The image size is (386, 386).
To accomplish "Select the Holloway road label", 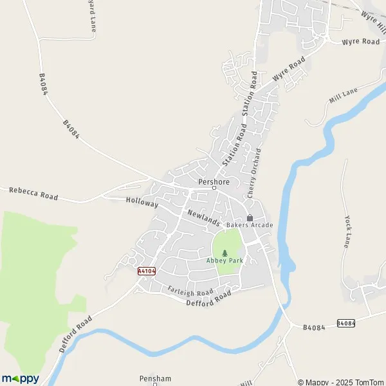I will [142, 203].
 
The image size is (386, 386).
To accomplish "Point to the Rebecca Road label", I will [33, 194].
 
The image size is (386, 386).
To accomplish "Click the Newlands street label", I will [204, 217].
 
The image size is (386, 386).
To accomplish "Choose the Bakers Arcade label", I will [250, 225].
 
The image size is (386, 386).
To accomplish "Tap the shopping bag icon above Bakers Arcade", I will [250, 217].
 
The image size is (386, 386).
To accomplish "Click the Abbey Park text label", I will [224, 261].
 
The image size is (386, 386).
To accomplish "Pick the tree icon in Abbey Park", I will [225, 253].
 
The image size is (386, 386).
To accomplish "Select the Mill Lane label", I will [343, 97].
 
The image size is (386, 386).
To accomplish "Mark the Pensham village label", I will [155, 379].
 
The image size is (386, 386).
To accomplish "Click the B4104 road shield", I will [147, 271].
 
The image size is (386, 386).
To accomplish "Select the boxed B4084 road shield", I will [345, 323].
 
